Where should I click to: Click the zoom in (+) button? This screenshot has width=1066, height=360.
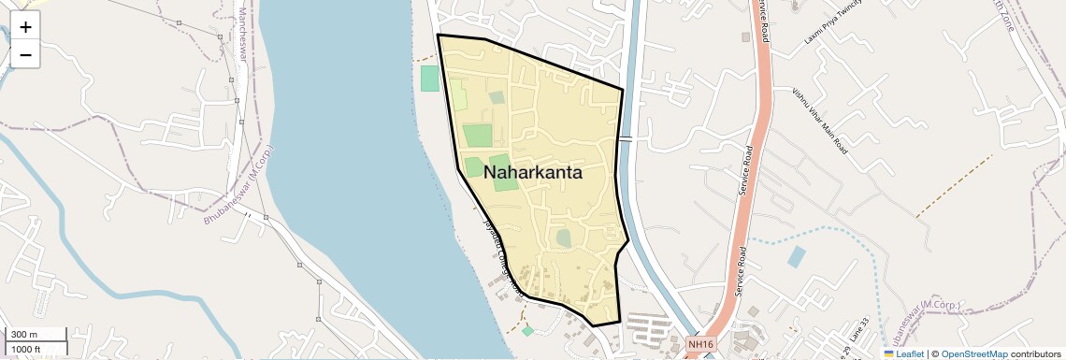click(25, 27)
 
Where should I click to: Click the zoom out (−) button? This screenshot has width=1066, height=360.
click(25, 55)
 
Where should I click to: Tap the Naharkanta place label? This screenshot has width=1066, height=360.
click(532, 173)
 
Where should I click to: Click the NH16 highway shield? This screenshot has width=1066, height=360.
click(699, 345)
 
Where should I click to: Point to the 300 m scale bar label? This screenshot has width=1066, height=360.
click(24, 335)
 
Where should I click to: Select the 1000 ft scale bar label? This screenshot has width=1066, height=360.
click(26, 349)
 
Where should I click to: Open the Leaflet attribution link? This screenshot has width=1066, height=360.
click(902, 354)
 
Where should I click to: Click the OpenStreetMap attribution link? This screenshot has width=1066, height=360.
click(974, 354)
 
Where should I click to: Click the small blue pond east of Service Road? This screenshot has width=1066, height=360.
click(795, 256)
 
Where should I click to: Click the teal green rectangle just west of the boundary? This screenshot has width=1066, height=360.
click(429, 79)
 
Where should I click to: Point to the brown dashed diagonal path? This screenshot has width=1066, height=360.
click(954, 187)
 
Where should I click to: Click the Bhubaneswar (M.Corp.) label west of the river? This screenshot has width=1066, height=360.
click(239, 185)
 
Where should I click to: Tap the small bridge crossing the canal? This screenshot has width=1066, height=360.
click(625, 138)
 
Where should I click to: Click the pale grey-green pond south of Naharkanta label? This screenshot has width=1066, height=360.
click(563, 238)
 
